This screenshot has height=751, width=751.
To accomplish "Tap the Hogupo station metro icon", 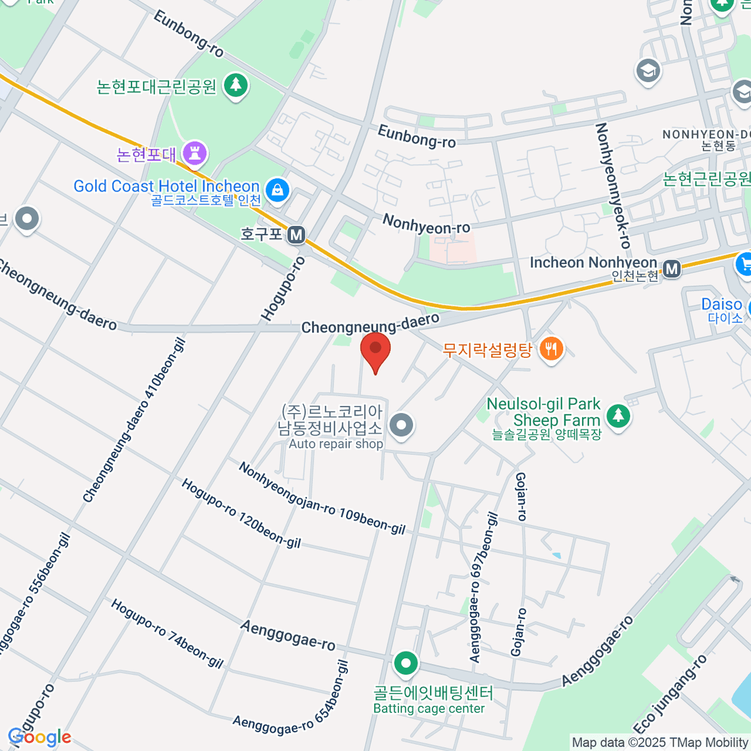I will pyautogui.click(x=296, y=235).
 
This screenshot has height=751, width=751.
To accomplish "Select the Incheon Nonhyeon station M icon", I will pyautogui.click(x=672, y=269).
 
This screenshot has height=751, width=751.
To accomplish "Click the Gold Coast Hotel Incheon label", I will pyautogui.click(x=166, y=186).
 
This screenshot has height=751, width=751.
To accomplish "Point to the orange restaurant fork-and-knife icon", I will pyautogui.click(x=551, y=349).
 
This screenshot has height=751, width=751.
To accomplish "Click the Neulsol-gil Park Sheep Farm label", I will pyautogui.click(x=543, y=413).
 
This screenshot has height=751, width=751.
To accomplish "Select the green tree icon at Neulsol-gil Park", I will pyautogui.click(x=618, y=414).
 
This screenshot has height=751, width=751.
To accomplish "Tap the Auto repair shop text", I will pyautogui.click(x=336, y=444).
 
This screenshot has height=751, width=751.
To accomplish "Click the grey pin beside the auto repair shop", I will pyautogui.click(x=401, y=426).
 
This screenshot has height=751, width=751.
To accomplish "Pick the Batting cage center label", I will pyautogui.click(x=429, y=708).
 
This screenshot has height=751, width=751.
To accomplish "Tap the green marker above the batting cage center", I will pyautogui.click(x=406, y=663).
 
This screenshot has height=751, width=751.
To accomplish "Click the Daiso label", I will pyautogui.click(x=722, y=305).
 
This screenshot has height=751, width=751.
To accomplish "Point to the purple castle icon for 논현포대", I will pyautogui.click(x=195, y=152).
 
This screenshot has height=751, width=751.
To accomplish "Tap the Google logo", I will pyautogui.click(x=39, y=737).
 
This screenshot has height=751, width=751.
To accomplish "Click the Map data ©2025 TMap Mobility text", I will pyautogui.click(x=660, y=743).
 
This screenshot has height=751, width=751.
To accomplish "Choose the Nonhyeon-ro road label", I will pyautogui.click(x=426, y=225).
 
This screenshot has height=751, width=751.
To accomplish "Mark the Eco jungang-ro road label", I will pyautogui.click(x=670, y=695).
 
